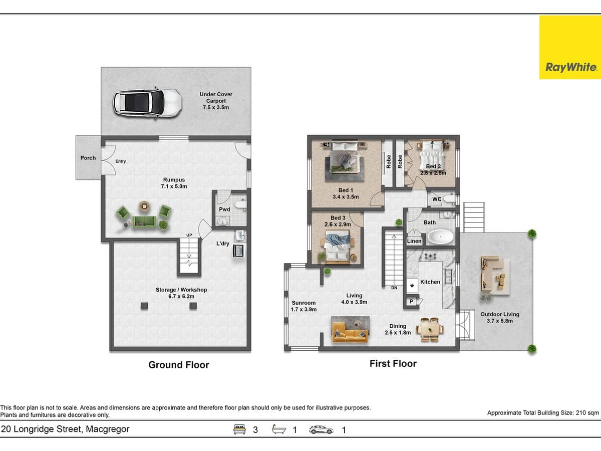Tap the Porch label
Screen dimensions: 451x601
coord(88,158)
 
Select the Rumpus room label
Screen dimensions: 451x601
coord(174,183)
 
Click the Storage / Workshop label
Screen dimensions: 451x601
coord(181,293)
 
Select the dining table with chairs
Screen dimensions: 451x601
coord(430,329)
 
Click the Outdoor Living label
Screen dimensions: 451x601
coord(499,317)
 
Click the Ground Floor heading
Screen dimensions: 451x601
coord(179,365)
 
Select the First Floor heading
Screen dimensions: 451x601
coord(393,364)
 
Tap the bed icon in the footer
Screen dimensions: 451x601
coord(240,429)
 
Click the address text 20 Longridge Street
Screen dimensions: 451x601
coord(65,429)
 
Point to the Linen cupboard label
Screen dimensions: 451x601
coord(414,241)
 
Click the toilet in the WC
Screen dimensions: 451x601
coord(449,199)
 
